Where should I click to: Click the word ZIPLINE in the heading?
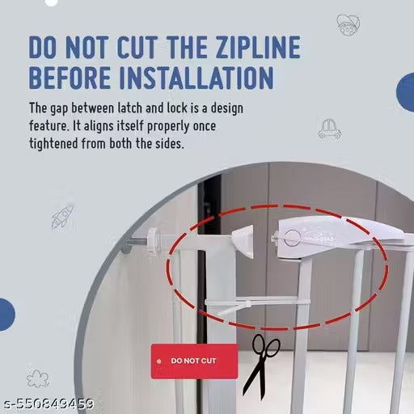click(x=259, y=47)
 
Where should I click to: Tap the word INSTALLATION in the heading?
click(x=196, y=78)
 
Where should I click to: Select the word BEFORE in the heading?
click(x=70, y=78)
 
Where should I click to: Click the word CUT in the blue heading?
click(x=137, y=47)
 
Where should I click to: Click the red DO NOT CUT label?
click(x=194, y=361)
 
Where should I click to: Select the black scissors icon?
click(x=260, y=366)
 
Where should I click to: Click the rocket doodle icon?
click(x=62, y=218)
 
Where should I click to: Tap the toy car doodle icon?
click(x=329, y=129)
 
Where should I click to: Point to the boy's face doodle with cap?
click(x=348, y=25)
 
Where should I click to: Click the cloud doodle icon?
click(x=38, y=378)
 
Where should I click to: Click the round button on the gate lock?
click(x=292, y=238)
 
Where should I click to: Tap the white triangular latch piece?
click(x=244, y=242)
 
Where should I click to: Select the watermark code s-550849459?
click(x=49, y=404)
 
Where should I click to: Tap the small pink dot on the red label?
click(x=159, y=361)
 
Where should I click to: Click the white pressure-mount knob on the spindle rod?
click(x=152, y=240)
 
